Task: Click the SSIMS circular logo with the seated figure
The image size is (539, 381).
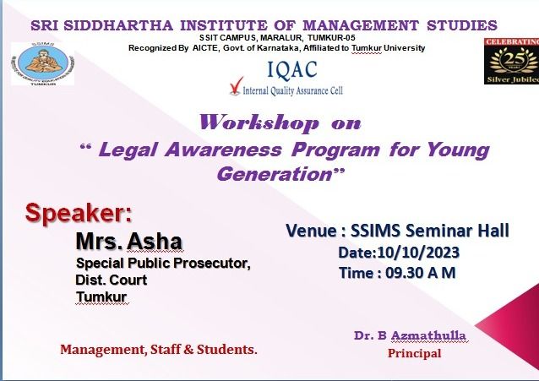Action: pos(43,64)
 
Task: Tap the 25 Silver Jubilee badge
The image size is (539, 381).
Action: pos(511,61)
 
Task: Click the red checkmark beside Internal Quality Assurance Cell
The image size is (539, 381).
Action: pos(237,86)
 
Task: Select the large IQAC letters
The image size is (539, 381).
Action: pos(292,69)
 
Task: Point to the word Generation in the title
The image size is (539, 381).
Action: pos(274,174)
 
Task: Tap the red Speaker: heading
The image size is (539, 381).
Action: pos(79,213)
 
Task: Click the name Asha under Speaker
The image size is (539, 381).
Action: pos(155,241)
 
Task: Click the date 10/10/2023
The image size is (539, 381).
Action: pos(418,253)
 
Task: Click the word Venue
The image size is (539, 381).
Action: pos(312,231)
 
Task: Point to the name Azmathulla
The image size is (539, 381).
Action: pos(428,335)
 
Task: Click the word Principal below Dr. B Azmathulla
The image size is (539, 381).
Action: pos(415,353)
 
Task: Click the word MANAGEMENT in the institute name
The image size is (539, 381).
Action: pos(361,26)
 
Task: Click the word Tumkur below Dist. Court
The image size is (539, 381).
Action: pos(101,297)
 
